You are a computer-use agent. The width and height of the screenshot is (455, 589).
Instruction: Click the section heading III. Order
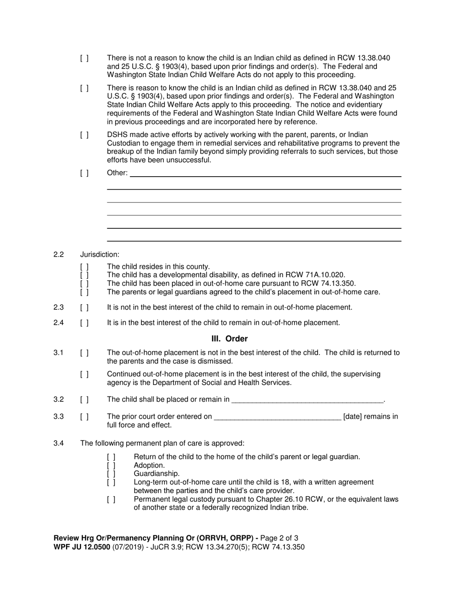pyautogui.click(x=229, y=339)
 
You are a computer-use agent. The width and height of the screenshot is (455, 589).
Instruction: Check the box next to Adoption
pyautogui.click(x=111, y=465)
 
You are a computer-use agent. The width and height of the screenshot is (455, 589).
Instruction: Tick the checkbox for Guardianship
pyautogui.click(x=111, y=474)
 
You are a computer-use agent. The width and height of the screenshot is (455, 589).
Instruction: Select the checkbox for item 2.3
pyautogui.click(x=84, y=307)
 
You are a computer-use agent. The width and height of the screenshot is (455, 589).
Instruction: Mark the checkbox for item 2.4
pyautogui.click(x=84, y=323)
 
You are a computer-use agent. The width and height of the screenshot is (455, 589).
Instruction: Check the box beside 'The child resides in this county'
pyautogui.click(x=84, y=267)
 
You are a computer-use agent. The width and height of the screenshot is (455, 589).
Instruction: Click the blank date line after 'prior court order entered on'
pyautogui.click(x=277, y=417)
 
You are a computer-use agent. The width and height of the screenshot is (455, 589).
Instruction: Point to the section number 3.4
pyautogui.click(x=58, y=443)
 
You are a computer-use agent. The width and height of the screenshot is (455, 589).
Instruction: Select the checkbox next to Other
pyautogui.click(x=84, y=173)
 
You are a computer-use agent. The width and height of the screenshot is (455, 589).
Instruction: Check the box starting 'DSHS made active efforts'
pyautogui.click(x=84, y=135)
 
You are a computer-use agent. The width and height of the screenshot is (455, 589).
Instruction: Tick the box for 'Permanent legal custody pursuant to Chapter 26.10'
pyautogui.click(x=111, y=499)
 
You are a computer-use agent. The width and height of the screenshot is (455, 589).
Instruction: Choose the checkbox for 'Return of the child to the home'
pyautogui.click(x=111, y=457)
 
